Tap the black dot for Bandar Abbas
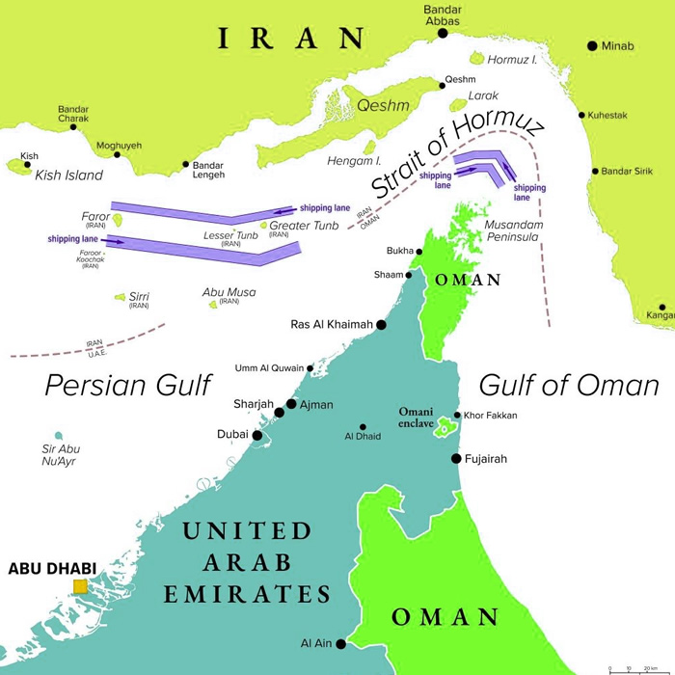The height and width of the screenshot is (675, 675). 443,33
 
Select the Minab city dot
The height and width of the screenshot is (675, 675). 592,45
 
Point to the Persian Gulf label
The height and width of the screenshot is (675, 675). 128,386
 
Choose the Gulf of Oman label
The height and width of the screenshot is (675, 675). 569,386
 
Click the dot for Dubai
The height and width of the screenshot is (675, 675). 257,436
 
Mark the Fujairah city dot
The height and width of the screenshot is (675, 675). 456,459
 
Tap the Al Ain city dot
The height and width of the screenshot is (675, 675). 340,643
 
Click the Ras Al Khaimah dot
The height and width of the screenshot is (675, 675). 381,325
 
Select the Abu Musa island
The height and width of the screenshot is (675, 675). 213,305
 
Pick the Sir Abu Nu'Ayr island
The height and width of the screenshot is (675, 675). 59,436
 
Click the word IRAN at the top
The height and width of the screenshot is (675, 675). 290,39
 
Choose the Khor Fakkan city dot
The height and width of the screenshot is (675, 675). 457,416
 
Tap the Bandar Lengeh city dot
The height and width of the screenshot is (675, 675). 186,165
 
